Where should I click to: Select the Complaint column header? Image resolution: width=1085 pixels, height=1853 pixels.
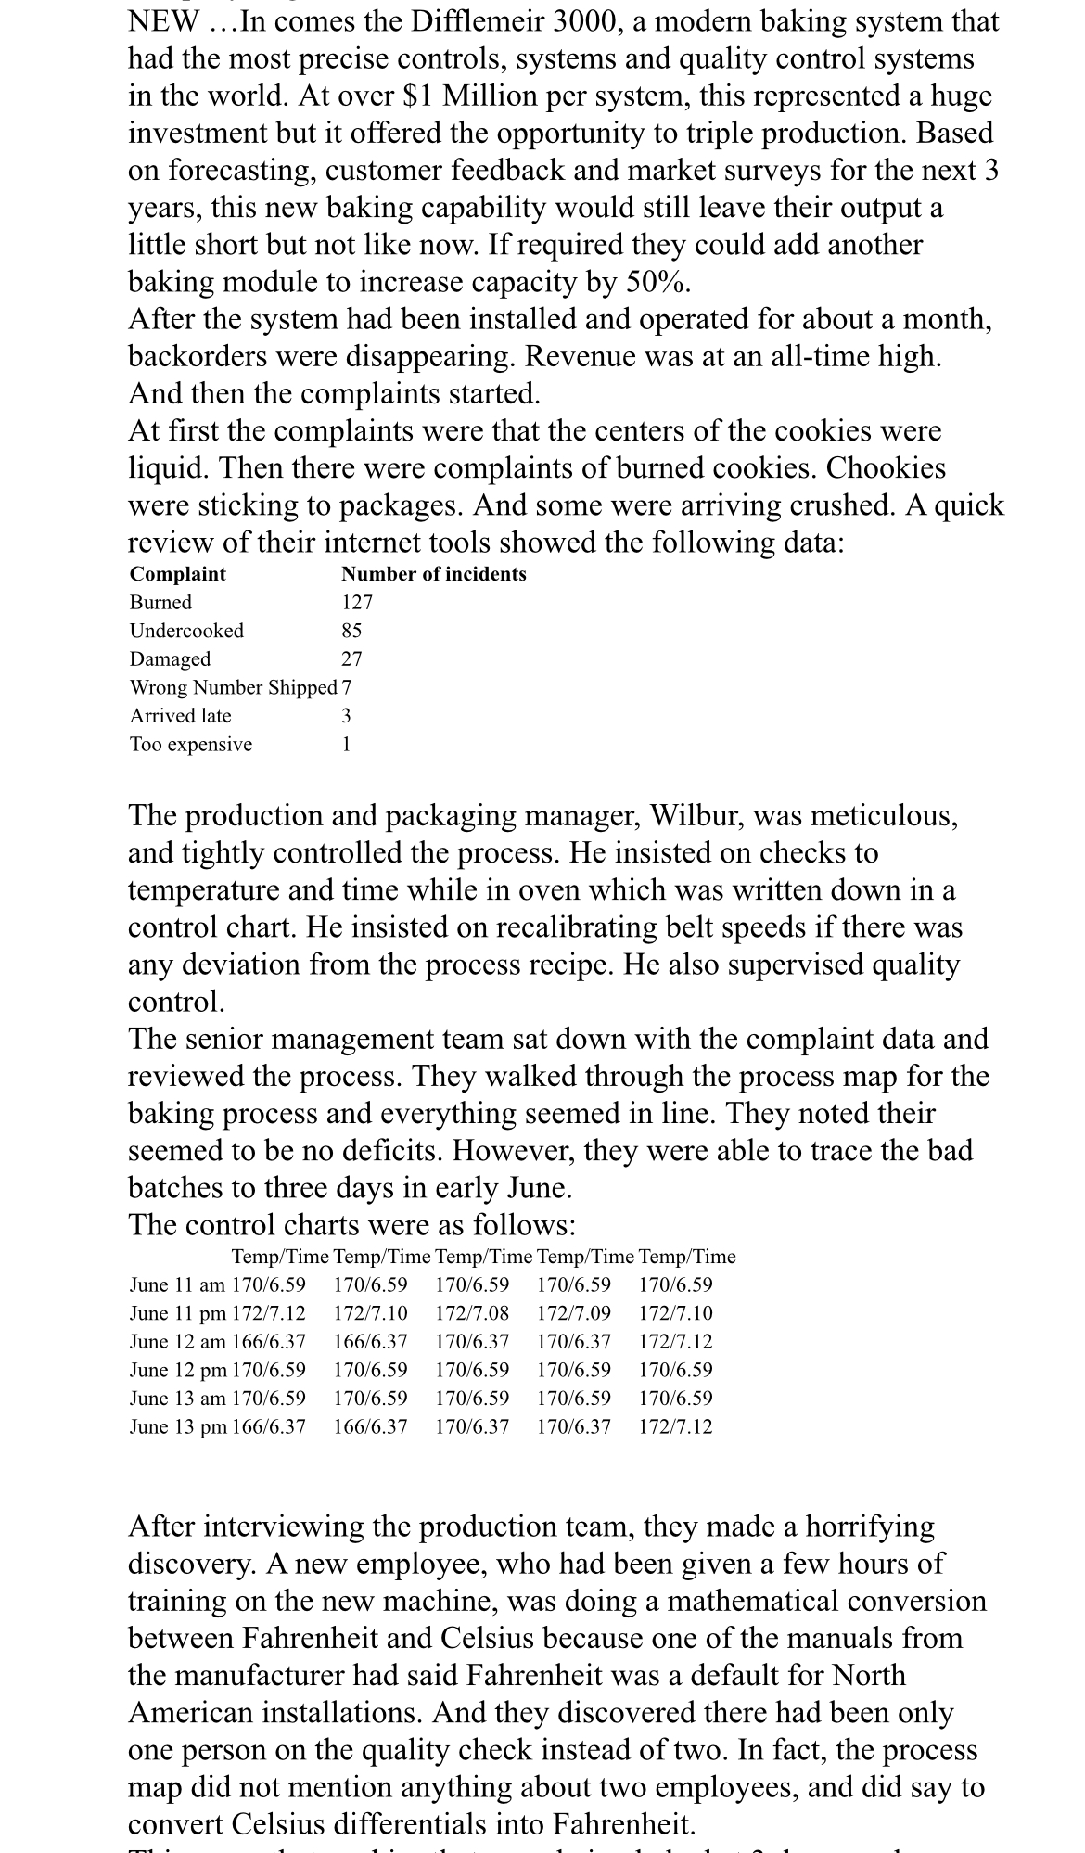click(177, 574)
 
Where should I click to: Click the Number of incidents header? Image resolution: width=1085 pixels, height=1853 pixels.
click(433, 574)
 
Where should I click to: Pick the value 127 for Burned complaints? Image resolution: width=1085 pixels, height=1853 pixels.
click(356, 603)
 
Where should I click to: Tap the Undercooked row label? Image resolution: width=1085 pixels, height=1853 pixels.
click(186, 631)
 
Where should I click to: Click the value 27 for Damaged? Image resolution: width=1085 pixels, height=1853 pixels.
click(351, 659)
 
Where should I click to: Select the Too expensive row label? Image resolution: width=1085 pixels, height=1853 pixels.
click(190, 745)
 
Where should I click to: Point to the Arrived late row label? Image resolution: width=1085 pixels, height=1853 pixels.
click(180, 716)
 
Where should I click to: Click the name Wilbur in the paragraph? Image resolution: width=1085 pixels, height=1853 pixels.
click(689, 815)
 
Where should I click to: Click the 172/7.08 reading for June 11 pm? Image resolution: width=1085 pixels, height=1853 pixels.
click(472, 1313)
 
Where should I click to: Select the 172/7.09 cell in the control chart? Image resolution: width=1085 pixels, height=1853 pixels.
click(574, 1313)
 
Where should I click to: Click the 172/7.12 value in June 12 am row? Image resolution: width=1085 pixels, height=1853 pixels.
click(676, 1342)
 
